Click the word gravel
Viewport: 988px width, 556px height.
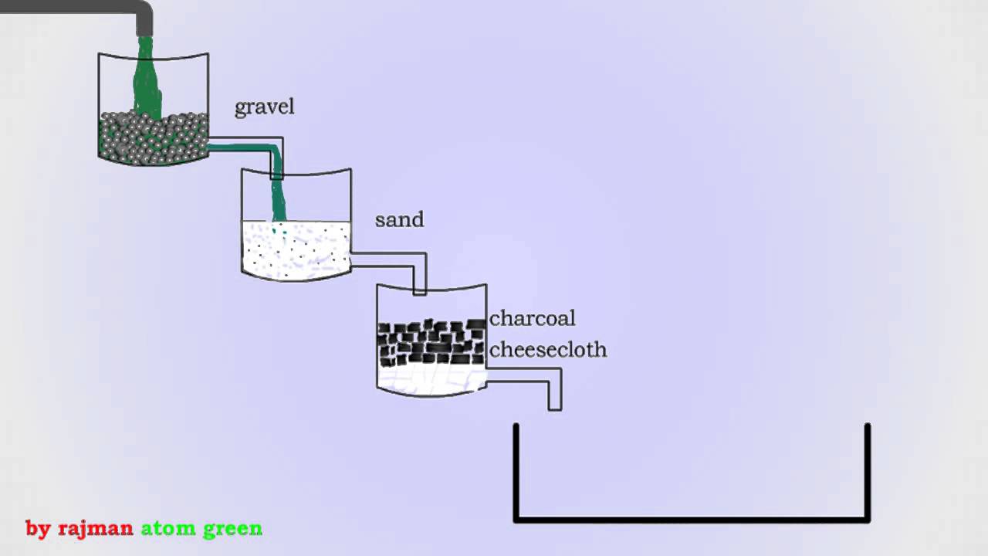pyautogui.click(x=264, y=107)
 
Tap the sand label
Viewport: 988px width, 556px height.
pyautogui.click(x=399, y=219)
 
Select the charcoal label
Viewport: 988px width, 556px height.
pyautogui.click(x=532, y=318)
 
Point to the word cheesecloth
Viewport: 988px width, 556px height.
pyautogui.click(x=548, y=350)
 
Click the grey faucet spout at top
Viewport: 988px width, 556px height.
pyautogui.click(x=144, y=19)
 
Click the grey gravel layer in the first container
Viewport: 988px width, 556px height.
pyautogui.click(x=153, y=139)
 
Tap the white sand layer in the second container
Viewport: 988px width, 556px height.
pyautogui.click(x=296, y=249)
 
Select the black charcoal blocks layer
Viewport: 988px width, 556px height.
pyautogui.click(x=431, y=342)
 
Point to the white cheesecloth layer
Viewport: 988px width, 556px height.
pyautogui.click(x=431, y=381)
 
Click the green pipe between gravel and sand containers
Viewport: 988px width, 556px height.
pyautogui.click(x=255, y=147)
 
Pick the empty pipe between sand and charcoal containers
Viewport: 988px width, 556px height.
pyautogui.click(x=394, y=260)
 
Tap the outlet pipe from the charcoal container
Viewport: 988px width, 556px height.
pyautogui.click(x=533, y=375)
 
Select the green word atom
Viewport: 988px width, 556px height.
pyautogui.click(x=167, y=529)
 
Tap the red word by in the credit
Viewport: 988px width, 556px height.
pyautogui.click(x=38, y=529)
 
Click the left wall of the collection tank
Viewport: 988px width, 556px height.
pyautogui.click(x=516, y=471)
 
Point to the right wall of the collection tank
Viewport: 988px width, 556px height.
pyautogui.click(x=868, y=471)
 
